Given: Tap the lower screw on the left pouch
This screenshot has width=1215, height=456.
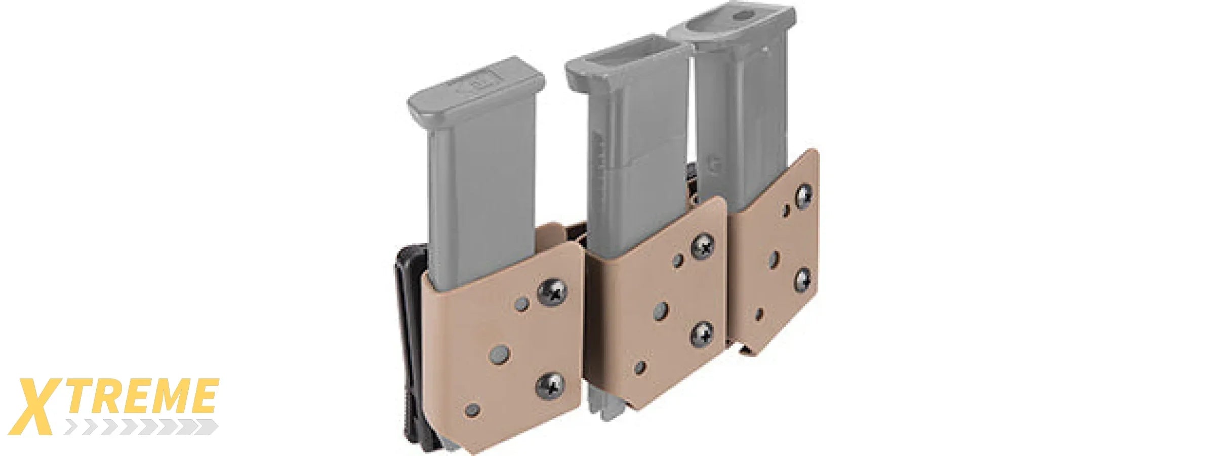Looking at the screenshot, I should point(551,387).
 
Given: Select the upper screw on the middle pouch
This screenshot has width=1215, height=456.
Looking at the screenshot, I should point(703,247).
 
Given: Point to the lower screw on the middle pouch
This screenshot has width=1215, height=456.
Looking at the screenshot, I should point(703,334).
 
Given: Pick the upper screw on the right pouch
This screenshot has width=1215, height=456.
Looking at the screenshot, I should point(804,196).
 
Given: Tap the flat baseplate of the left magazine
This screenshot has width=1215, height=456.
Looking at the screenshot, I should point(476,84).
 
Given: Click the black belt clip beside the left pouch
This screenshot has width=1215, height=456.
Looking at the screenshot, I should point(410,345).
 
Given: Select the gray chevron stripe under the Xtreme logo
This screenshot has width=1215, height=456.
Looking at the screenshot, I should point(142,428).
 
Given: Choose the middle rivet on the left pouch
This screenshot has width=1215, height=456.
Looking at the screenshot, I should point(500,353).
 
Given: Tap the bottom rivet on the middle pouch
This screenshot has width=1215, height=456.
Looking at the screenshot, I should point(641,366).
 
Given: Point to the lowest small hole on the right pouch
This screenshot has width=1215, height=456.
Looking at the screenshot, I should point(759,314).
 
